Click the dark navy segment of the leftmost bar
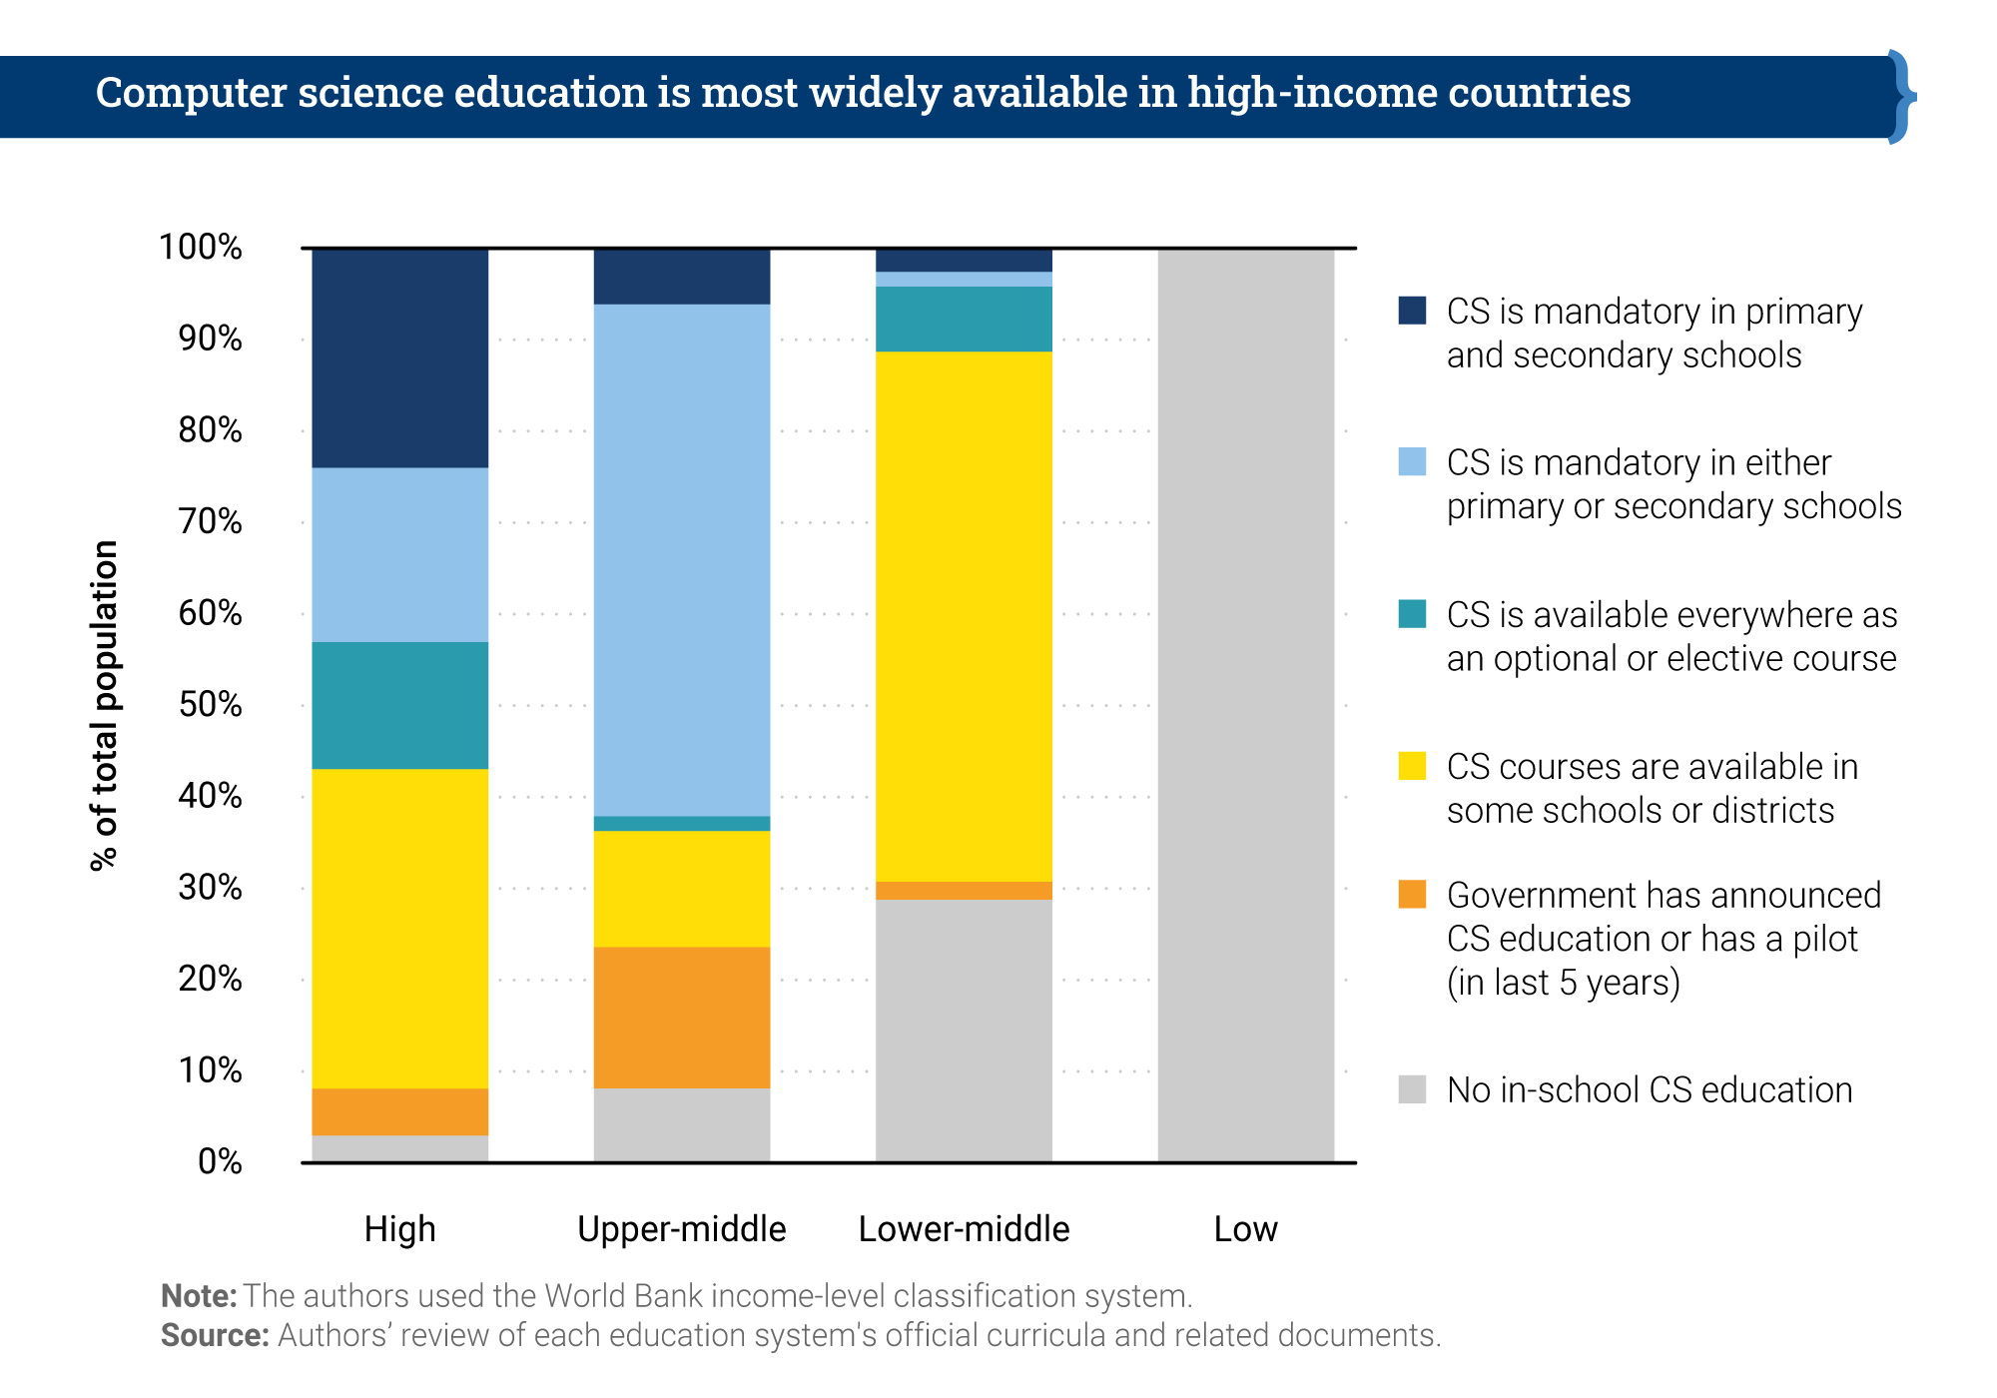399,358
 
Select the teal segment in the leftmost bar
399,705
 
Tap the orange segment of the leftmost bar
399,1111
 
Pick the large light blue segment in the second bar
681,559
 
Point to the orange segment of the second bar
681,1017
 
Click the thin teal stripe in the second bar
681,824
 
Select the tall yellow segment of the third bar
964,616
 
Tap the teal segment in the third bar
964,319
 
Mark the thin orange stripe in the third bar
964,891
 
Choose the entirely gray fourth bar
1245,705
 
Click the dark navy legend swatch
1412,310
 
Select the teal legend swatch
1412,613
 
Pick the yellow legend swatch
1412,765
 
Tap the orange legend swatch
1412,894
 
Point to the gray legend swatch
1412,1088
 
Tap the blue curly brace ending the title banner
1901,97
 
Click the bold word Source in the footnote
214,1335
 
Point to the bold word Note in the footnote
198,1296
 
